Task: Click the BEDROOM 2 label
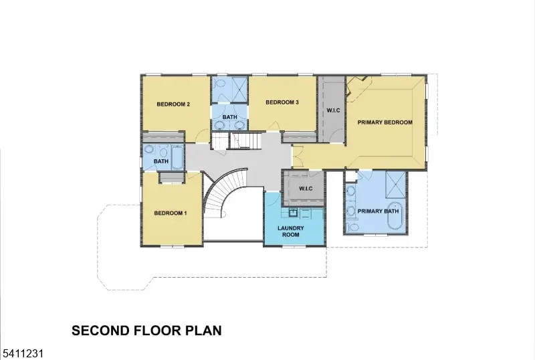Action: [x=174, y=104]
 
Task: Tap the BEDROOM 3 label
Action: [x=282, y=102]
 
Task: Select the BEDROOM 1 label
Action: [x=171, y=213]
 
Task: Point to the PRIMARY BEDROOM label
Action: [x=385, y=122]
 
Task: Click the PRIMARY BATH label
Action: [x=378, y=211]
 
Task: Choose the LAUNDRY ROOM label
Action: [x=291, y=232]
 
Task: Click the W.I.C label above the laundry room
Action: [x=306, y=188]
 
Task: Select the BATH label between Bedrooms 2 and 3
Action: [x=230, y=118]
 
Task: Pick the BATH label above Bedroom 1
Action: [x=160, y=161]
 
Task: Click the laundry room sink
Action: [x=293, y=213]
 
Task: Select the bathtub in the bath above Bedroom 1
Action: [x=177, y=158]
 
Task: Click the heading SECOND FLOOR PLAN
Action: [x=146, y=331]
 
